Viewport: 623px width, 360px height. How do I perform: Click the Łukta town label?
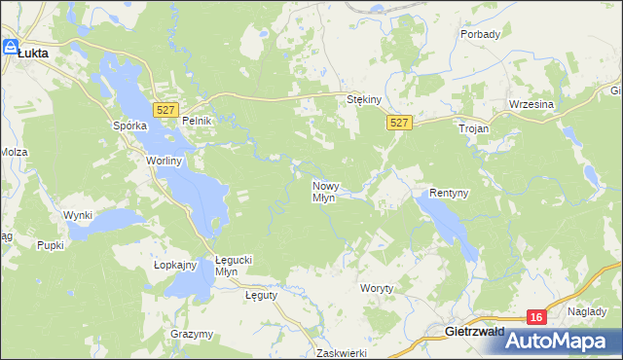click(34, 56)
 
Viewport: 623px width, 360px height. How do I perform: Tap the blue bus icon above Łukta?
click(11, 46)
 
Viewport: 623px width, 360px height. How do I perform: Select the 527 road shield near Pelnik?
click(166, 110)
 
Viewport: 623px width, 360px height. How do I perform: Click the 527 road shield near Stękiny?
click(400, 123)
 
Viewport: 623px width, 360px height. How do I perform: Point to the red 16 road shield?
click(536, 317)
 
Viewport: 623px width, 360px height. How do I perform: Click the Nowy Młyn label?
click(324, 191)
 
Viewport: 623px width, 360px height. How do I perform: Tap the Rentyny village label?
click(450, 194)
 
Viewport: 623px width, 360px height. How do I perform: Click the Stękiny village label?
click(364, 99)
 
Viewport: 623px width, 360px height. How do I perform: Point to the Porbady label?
click(481, 34)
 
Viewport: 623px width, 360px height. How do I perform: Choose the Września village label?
click(531, 104)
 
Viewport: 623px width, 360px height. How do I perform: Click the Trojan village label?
click(474, 127)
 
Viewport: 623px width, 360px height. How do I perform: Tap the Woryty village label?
click(377, 289)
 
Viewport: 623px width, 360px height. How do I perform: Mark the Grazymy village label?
click(192, 334)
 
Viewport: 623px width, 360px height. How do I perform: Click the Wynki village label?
click(78, 215)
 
